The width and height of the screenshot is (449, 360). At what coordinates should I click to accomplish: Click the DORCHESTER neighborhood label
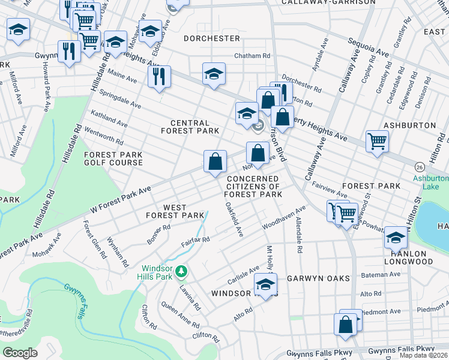(212, 38)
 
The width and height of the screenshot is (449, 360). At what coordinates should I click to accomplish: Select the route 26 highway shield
(418, 166)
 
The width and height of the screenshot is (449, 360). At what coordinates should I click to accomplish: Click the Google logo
(20, 352)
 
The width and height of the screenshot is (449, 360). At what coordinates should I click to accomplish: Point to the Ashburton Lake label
(430, 182)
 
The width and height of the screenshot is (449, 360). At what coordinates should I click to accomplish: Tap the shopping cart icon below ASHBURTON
(377, 142)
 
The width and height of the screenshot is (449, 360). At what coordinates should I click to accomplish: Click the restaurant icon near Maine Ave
(159, 76)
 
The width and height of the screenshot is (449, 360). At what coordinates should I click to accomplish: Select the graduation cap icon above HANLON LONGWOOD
(396, 238)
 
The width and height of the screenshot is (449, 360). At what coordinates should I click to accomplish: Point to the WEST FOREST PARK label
(175, 211)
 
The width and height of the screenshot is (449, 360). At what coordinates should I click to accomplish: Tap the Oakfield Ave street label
(234, 218)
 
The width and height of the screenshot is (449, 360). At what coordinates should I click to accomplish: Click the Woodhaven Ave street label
(284, 217)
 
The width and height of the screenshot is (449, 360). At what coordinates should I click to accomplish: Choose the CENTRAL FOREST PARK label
(185, 127)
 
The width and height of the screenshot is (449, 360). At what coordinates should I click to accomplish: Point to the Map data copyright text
(423, 355)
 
